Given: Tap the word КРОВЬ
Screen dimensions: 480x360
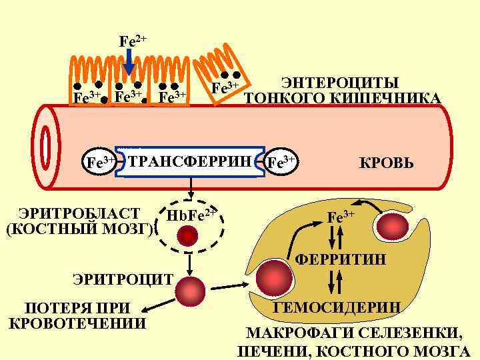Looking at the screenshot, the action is coord(387,163).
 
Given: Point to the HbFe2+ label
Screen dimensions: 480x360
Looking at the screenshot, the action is coord(191,215).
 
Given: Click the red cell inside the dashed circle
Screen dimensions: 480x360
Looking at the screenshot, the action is coord(189,235).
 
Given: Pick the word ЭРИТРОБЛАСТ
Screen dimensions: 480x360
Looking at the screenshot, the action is coord(80,213).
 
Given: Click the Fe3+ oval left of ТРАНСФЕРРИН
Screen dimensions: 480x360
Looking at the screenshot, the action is coord(101,161).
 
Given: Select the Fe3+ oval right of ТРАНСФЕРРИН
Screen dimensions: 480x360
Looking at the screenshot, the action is coord(281,161).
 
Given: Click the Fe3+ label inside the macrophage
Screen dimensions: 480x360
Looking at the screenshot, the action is coord(340,217).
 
